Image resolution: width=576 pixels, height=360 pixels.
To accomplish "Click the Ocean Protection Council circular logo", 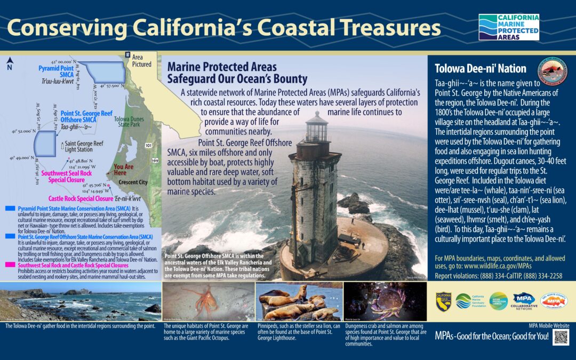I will click(x=498, y=301).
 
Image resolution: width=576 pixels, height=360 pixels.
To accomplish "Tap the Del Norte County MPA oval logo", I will click(x=554, y=301).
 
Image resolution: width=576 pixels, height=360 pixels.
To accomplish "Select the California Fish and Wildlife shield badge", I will click(x=444, y=301).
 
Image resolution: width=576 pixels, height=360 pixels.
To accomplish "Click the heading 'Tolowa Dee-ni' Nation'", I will click(x=481, y=69).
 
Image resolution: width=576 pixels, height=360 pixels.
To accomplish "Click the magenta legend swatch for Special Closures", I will click(x=9, y=265).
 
